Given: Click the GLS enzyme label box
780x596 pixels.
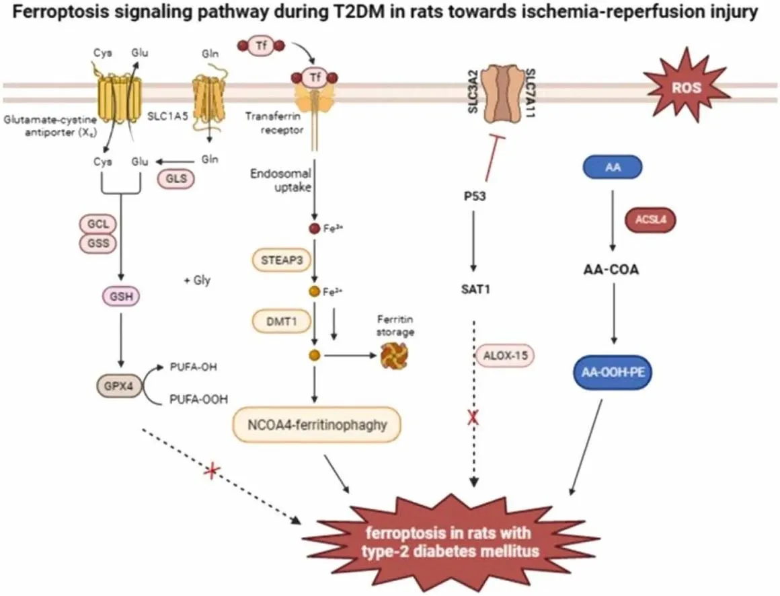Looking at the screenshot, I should tap(175, 179).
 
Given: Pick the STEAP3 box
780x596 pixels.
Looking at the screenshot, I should tap(276, 258).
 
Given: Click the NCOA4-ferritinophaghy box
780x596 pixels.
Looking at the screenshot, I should tap(316, 425).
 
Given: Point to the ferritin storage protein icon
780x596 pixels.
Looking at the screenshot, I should tap(393, 356).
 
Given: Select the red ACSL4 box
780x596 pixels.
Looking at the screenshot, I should tap(650, 219).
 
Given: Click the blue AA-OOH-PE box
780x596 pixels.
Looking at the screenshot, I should tap(613, 372).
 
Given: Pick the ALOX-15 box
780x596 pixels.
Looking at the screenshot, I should tap(505, 355).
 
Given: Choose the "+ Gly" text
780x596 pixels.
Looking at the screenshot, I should tap(197, 280).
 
